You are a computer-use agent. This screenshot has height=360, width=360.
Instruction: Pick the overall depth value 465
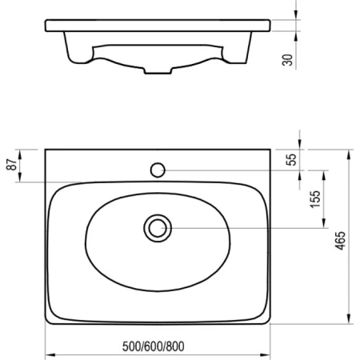click(340, 238)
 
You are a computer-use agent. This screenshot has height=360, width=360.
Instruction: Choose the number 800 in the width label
click(178, 347)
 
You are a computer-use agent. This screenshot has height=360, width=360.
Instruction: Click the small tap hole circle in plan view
click(158, 170)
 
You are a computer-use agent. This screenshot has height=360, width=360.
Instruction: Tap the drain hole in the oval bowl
click(157, 227)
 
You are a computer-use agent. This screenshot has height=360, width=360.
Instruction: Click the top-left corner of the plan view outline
click(46, 149)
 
